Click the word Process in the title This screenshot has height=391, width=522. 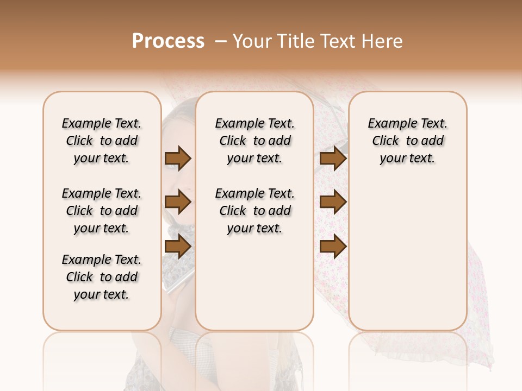tap(168, 41)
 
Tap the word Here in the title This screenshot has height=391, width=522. tap(382, 41)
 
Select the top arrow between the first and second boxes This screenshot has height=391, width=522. tap(178, 159)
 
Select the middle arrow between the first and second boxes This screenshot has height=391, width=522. tap(178, 203)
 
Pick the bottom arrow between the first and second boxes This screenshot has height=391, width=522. tap(178, 247)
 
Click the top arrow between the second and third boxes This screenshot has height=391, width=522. tap(333, 159)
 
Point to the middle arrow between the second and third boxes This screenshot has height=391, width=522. tap(333, 203)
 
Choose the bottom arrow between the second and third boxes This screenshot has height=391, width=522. tap(333, 247)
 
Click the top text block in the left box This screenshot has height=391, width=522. tap(102, 141)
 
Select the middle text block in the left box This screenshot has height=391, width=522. tap(102, 211)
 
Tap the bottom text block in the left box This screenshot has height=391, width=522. tap(102, 277)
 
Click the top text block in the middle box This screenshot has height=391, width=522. tap(254, 141)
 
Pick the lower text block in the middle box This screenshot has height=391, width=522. tap(254, 211)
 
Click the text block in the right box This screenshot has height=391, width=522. tap(407, 141)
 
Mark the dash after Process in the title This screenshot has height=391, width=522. tap(221, 41)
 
